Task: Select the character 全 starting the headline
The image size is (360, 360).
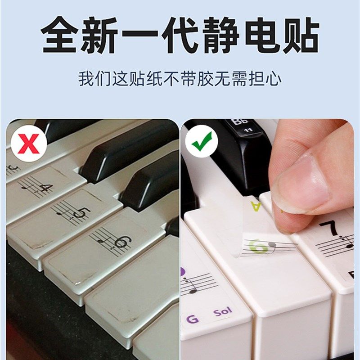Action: click(x=60, y=35)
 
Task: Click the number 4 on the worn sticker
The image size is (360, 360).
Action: click(x=44, y=186)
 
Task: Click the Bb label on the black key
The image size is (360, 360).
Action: click(x=236, y=122)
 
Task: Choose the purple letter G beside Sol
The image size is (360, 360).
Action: click(x=192, y=319)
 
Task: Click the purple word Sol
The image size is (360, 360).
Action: click(x=223, y=312)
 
